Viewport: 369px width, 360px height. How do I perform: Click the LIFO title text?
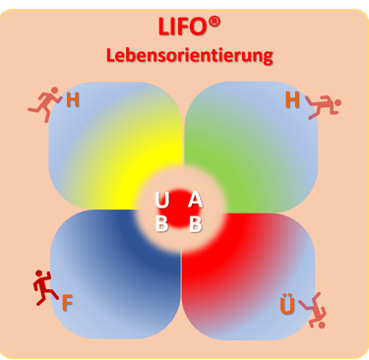(x=184, y=27)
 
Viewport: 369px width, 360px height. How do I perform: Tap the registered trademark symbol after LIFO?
(x=215, y=23)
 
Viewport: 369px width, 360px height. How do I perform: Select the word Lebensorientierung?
(x=190, y=56)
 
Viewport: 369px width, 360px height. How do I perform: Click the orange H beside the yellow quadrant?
(x=73, y=99)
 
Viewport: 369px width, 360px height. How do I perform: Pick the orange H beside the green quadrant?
(x=292, y=99)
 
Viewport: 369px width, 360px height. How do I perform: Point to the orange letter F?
(x=67, y=303)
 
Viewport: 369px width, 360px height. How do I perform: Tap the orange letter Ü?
(x=287, y=304)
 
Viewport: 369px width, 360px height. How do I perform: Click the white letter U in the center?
(x=162, y=201)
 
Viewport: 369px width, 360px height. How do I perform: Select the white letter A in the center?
(x=196, y=200)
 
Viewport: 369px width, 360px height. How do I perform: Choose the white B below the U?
(x=161, y=224)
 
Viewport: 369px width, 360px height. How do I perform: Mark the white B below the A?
(x=196, y=224)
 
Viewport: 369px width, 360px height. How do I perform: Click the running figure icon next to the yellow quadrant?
(x=45, y=104)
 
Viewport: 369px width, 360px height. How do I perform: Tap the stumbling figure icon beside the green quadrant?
(x=324, y=107)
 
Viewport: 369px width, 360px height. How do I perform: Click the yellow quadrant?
(x=115, y=146)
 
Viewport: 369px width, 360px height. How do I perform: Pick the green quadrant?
(x=251, y=146)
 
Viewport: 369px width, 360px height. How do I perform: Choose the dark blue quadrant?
(x=115, y=274)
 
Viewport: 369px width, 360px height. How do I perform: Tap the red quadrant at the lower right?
(x=248, y=276)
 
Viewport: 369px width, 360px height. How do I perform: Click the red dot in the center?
(x=179, y=209)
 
